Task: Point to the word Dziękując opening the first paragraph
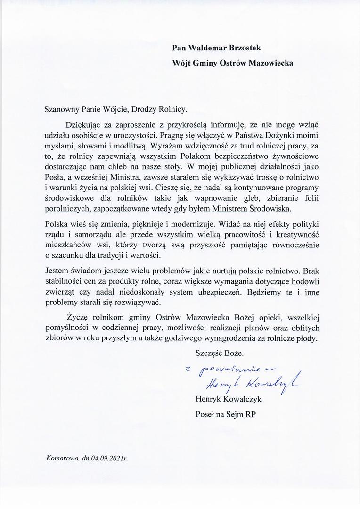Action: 85,125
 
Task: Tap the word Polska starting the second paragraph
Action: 57,223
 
